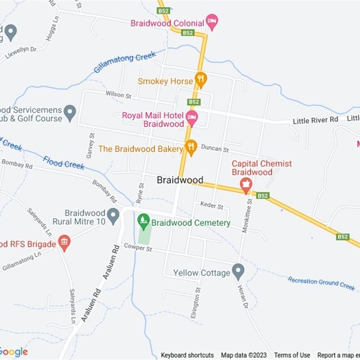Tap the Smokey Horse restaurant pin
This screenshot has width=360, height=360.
pyautogui.click(x=201, y=80)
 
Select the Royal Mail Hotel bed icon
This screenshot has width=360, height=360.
pyautogui.click(x=192, y=118)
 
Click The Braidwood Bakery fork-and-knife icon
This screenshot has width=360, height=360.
pyautogui.click(x=191, y=147)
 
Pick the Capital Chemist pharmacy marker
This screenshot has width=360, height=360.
pyautogui.click(x=246, y=184)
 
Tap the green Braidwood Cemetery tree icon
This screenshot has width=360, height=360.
pyautogui.click(x=144, y=220)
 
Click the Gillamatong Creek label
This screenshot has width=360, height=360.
pyautogui.click(x=125, y=62)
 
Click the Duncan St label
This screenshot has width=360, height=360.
pyautogui.click(x=215, y=148)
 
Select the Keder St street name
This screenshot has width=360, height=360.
pyautogui.click(x=211, y=206)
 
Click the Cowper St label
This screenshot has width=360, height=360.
pyautogui.click(x=136, y=247)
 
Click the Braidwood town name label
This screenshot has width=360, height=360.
pyautogui.click(x=180, y=180)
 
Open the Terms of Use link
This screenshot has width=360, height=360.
pyautogui.click(x=292, y=355)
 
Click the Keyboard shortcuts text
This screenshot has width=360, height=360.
pyautogui.click(x=187, y=355)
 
